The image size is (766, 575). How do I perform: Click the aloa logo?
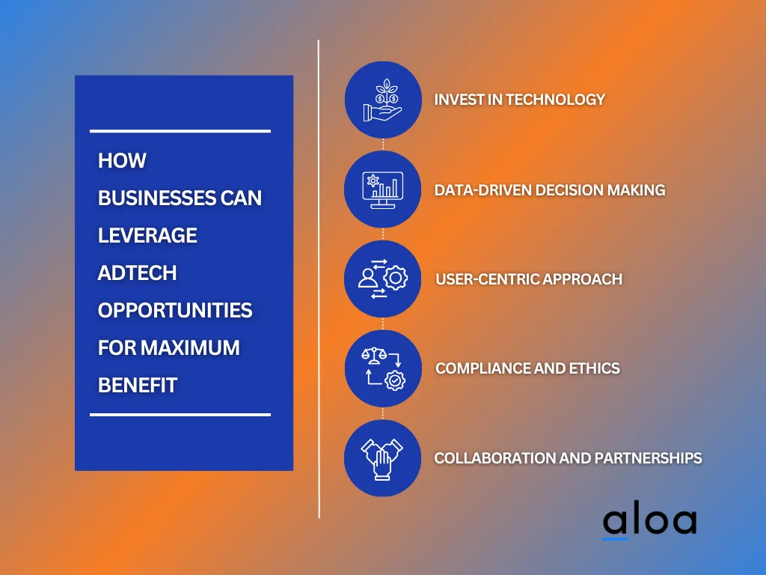tap(649, 523)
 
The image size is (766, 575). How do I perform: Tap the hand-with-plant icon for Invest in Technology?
tap(382, 100)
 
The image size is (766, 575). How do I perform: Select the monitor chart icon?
tap(382, 189)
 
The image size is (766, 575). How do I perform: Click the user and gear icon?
tap(382, 279)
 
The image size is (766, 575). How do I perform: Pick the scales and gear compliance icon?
tap(383, 368)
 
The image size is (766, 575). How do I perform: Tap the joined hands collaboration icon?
tap(382, 459)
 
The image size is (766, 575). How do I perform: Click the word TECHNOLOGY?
tap(556, 100)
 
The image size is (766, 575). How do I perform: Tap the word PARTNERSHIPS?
tap(649, 458)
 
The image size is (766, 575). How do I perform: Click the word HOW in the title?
tap(122, 160)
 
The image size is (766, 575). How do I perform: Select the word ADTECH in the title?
tap(138, 273)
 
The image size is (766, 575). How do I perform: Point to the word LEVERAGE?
tap(147, 235)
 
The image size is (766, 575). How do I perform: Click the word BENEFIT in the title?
tap(138, 386)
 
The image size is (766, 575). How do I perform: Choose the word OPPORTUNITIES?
tap(175, 311)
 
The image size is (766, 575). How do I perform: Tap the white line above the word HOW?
tap(180, 131)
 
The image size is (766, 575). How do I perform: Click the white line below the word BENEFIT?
tap(180, 415)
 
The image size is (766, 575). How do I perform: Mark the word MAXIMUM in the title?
tap(191, 347)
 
